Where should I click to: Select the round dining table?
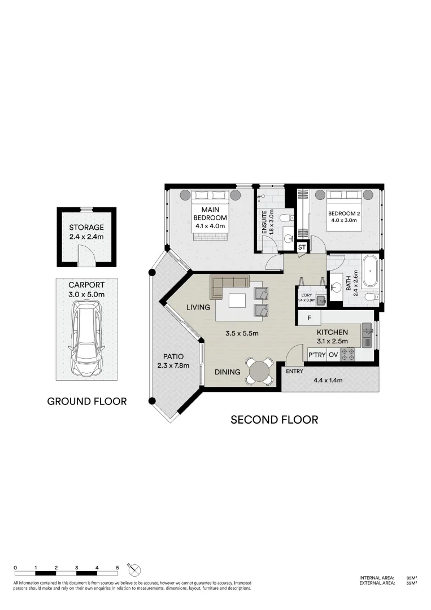point(259,371)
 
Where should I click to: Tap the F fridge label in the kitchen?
point(310,318)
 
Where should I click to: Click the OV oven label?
point(333,355)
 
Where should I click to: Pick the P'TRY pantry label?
point(315,355)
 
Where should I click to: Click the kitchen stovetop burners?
point(349,355)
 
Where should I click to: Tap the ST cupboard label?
point(302,247)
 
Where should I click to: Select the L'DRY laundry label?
point(306,295)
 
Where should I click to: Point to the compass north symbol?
point(135,569)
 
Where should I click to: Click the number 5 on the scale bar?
point(117,567)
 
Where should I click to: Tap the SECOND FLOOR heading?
point(274,420)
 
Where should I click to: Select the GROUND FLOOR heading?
point(86,402)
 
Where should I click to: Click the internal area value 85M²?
point(411,578)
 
